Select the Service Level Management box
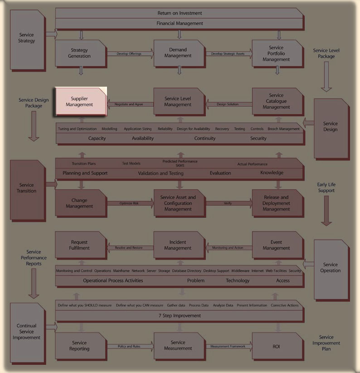(178, 102)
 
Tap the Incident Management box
(178, 245)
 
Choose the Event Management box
(277, 245)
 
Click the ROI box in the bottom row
(277, 346)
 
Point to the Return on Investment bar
(180, 13)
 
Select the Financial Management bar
(180, 23)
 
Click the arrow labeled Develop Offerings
(129, 54)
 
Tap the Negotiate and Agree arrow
(129, 104)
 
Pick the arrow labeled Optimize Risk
(129, 203)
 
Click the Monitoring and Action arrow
(228, 248)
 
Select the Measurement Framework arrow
(228, 347)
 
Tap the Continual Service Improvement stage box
(27, 331)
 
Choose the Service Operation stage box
(331, 268)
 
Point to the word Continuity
(205, 138)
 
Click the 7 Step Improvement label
(180, 315)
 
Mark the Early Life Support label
(326, 188)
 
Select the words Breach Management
(284, 129)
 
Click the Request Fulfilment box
(80, 245)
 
